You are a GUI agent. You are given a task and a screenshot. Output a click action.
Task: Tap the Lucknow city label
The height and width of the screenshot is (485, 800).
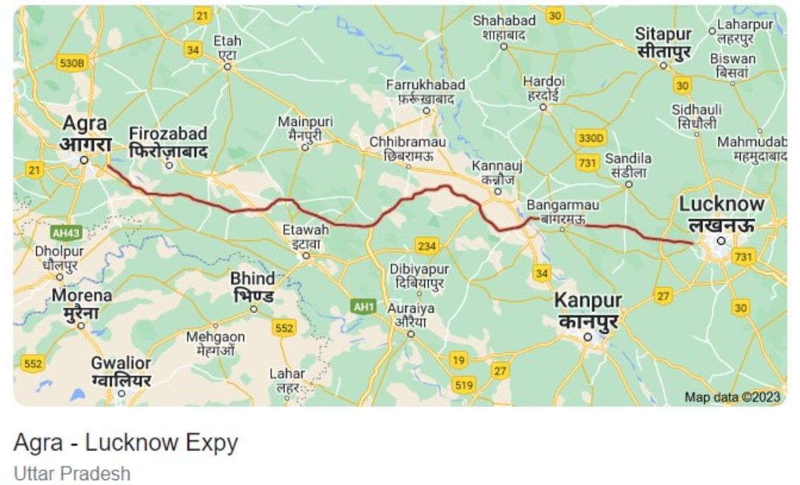point(721,214)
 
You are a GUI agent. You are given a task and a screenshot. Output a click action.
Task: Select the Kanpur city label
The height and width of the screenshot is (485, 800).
point(588,311)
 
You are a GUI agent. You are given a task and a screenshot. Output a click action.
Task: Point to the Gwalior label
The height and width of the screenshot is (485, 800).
point(121,371)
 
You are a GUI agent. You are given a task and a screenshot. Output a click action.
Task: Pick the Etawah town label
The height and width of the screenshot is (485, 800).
point(306,236)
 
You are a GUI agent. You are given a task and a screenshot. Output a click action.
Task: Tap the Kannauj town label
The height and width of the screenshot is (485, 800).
point(497,172)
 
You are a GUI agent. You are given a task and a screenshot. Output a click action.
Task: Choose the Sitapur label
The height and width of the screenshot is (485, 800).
point(663,42)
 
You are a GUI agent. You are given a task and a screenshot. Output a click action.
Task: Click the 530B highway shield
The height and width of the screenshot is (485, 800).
point(72,64)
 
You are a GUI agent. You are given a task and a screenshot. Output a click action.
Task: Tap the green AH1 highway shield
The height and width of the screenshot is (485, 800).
point(363,306)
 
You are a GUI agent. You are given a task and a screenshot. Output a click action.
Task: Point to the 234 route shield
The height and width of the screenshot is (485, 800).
point(427,246)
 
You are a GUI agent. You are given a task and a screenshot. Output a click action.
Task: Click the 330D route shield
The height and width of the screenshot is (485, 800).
point(591,137)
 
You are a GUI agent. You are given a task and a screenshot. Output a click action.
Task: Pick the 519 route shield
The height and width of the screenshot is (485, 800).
point(463,385)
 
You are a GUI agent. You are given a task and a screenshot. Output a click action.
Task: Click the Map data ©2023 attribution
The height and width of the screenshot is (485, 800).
point(732,397)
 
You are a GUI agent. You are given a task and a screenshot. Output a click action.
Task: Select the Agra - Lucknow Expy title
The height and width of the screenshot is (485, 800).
point(126,443)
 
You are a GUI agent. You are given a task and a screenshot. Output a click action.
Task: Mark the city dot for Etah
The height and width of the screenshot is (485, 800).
point(228,67)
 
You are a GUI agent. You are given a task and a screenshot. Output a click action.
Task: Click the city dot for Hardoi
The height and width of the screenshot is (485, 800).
point(543,107)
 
